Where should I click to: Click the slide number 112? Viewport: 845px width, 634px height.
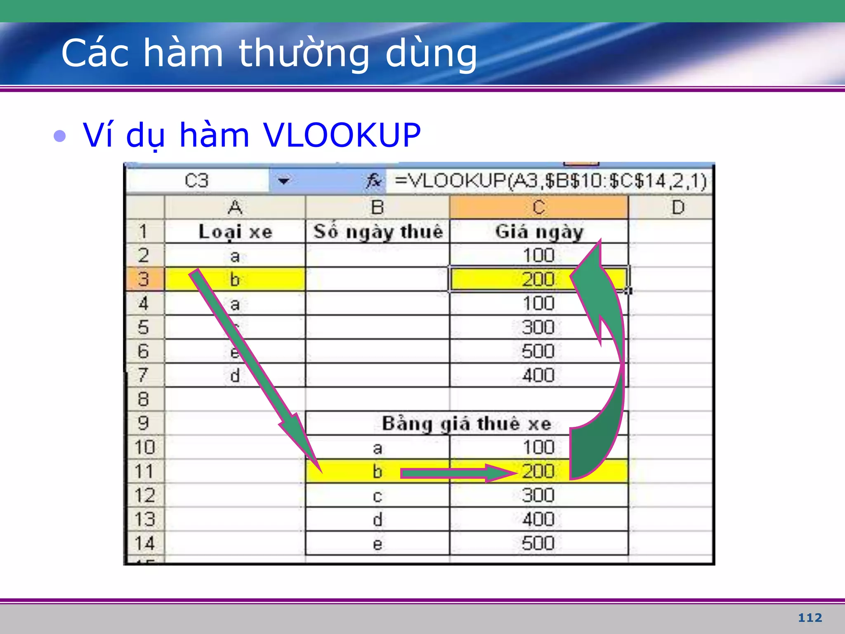(810, 617)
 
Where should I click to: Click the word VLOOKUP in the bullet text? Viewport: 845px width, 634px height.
(342, 135)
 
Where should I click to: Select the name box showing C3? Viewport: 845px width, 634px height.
(196, 181)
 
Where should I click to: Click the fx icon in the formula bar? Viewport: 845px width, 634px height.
(373, 181)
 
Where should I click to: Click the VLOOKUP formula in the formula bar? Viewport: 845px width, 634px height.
(550, 181)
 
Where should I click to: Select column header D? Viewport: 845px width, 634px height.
(678, 207)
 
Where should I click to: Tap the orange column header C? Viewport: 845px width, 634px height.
(538, 207)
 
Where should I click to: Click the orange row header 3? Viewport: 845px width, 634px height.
(144, 279)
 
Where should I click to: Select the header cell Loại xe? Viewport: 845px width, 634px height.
(235, 232)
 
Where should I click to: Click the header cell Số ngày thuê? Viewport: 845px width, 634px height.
(378, 232)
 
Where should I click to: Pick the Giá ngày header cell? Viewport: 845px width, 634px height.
(539, 232)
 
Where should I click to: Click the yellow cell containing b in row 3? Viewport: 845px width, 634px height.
(235, 279)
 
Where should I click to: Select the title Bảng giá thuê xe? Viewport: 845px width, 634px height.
(466, 424)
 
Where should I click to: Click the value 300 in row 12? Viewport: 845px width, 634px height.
(538, 495)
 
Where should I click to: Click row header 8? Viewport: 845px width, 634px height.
(144, 399)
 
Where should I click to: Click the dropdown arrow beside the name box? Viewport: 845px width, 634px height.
(283, 181)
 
